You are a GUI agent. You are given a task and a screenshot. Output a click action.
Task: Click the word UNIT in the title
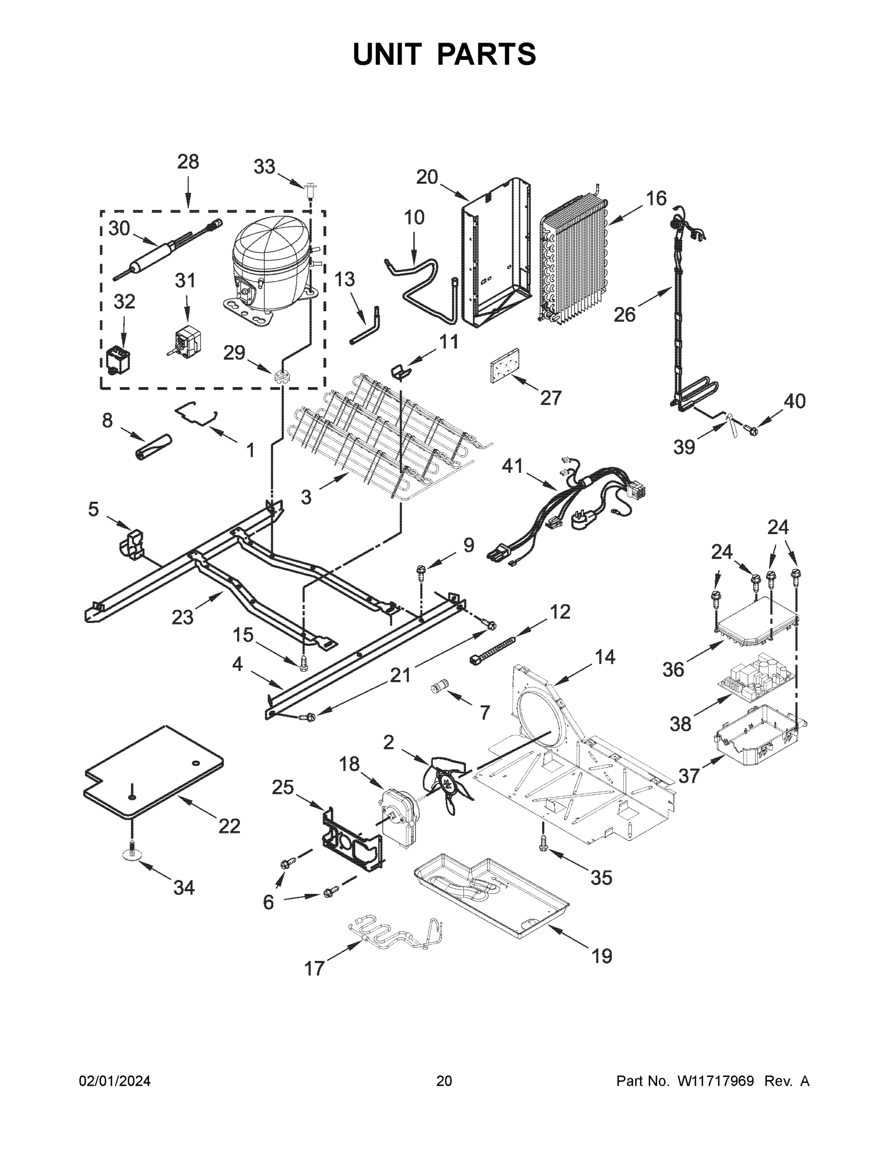pyautogui.click(x=387, y=54)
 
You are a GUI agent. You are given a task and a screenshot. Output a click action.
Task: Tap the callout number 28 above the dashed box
pyautogui.click(x=188, y=162)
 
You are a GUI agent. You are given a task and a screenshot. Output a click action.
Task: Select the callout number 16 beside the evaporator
pyautogui.click(x=656, y=198)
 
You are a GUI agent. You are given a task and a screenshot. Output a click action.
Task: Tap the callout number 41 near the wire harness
pyautogui.click(x=512, y=466)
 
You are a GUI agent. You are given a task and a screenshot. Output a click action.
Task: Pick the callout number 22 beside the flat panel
pyautogui.click(x=229, y=826)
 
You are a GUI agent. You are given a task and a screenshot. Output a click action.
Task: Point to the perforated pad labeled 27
pyautogui.click(x=505, y=365)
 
